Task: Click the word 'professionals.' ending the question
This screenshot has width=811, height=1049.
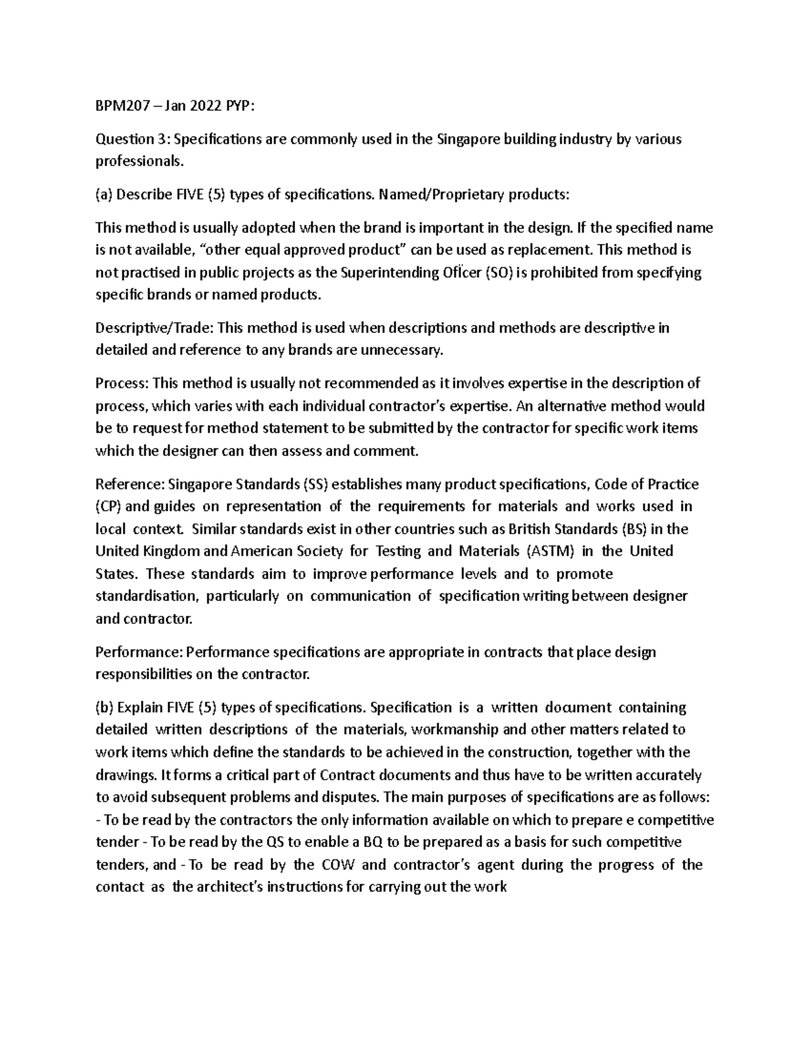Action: pos(139,161)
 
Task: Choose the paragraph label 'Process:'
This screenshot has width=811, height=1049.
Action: pos(122,384)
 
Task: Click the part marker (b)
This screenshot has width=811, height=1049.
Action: pos(105,707)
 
